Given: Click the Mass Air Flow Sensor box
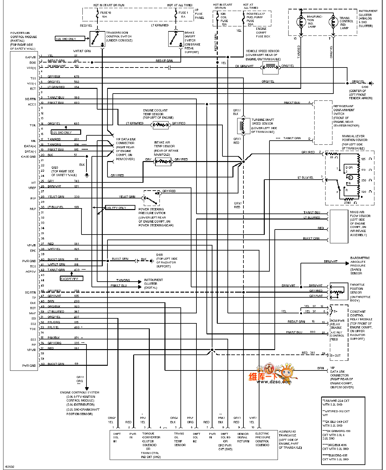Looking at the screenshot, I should pos(339,226).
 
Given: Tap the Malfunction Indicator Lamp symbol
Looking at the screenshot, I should pos(301,22).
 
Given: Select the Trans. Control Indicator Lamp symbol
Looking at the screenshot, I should pos(332,22).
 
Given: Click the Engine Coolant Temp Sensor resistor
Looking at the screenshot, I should pos(161,125).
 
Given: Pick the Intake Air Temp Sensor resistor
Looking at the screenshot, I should pos(163,162).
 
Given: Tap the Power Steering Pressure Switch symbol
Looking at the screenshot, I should pos(152,198).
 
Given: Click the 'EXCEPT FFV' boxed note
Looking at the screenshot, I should pos(71,278).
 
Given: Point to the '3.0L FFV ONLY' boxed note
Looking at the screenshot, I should pos(116,208).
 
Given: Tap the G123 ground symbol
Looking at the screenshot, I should pos(87,175).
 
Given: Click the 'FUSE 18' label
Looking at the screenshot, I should pos(106,13).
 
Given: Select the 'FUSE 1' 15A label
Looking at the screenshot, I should pos(183,13).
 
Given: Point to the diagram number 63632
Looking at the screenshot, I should pos(10,466).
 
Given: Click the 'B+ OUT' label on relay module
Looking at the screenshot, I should pos(336,355).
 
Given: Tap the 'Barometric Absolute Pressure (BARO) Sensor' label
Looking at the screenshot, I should pos(360,266).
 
